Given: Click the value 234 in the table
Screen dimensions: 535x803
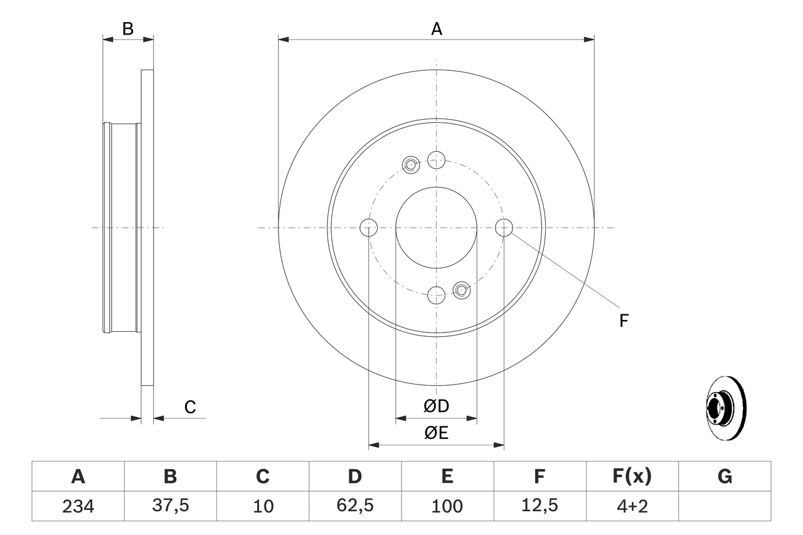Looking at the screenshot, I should [78, 506].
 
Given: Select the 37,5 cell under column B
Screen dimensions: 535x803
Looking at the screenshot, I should [170, 506].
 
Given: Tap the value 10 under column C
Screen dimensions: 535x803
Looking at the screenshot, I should [263, 506].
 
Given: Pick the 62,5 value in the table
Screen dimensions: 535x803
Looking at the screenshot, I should [355, 506].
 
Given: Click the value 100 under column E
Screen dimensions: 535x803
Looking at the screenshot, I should [447, 506].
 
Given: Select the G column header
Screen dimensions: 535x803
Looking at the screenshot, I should [725, 477].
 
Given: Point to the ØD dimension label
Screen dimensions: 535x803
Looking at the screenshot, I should [436, 406].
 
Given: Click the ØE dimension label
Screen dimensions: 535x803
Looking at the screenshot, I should [436, 433].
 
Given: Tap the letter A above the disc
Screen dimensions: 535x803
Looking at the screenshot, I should [436, 29].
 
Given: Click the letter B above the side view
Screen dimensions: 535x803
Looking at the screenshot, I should [128, 29].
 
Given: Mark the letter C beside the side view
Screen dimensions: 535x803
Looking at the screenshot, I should [190, 407].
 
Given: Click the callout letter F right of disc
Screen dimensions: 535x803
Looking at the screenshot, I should [624, 321].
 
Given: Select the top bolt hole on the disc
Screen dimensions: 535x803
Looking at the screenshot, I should [436, 159].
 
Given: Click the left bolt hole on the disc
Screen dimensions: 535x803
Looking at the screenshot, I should [369, 227].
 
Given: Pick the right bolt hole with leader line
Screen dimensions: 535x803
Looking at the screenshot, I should [504, 227].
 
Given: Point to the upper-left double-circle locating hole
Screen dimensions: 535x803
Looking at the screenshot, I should [411, 165].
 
